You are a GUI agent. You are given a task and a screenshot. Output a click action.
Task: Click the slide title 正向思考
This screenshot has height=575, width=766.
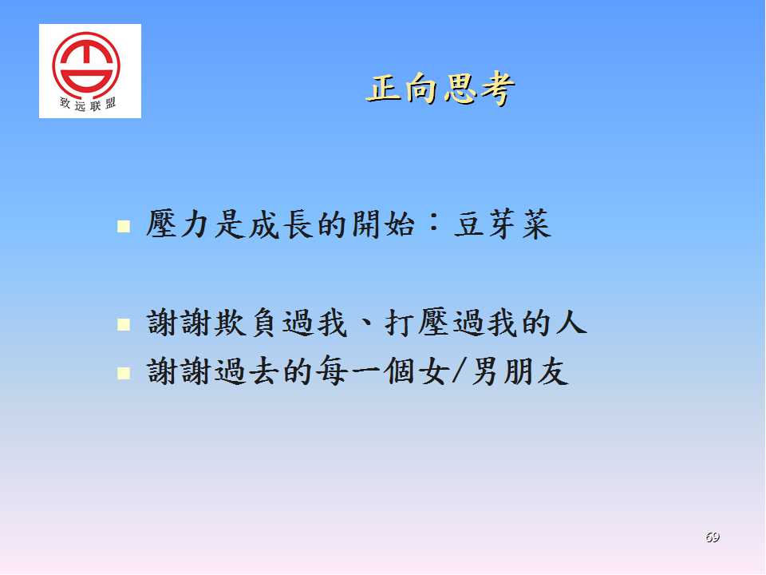tap(440, 89)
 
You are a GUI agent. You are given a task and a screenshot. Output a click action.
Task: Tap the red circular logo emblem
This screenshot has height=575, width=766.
tap(86, 64)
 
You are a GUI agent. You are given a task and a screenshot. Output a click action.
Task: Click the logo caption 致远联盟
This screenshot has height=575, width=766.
tap(88, 104)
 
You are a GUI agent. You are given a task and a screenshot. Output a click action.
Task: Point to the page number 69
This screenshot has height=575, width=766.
tap(713, 537)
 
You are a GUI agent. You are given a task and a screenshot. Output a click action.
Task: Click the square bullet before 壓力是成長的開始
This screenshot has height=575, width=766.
tap(124, 226)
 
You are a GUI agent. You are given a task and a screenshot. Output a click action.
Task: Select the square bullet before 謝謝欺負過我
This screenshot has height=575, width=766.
tap(124, 324)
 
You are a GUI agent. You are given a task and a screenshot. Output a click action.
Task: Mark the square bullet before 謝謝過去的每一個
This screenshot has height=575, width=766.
tap(124, 373)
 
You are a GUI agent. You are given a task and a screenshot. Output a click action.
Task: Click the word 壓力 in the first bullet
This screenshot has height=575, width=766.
tap(180, 224)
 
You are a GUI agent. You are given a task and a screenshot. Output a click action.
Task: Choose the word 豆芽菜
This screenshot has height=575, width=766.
tap(503, 224)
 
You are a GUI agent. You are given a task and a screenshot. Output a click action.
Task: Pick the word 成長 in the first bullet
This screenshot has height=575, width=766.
tap(281, 224)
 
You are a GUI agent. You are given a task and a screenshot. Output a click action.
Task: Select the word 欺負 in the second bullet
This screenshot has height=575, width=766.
tap(247, 323)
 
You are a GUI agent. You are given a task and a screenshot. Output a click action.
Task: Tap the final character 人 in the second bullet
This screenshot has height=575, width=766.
tap(571, 323)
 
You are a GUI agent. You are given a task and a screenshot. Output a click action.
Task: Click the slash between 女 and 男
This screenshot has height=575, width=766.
tap(457, 371)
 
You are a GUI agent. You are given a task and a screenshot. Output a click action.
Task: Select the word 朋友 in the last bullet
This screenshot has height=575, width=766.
tap(536, 371)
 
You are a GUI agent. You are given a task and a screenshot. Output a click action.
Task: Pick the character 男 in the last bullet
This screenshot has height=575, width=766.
tap(484, 371)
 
